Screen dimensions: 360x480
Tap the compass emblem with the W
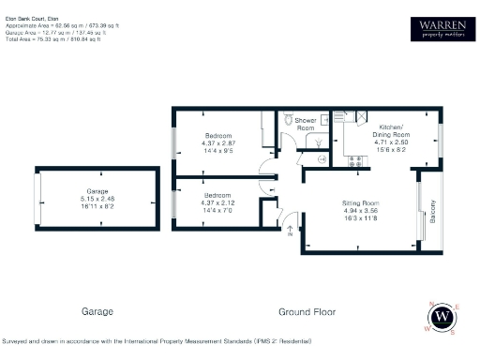[442, 319]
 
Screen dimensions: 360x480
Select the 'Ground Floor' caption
[306, 311]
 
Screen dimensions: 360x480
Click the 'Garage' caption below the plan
[97, 311]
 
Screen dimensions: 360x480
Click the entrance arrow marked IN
[290, 228]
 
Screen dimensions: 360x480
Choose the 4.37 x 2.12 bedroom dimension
[218, 202]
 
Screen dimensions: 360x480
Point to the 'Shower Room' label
[306, 123]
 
